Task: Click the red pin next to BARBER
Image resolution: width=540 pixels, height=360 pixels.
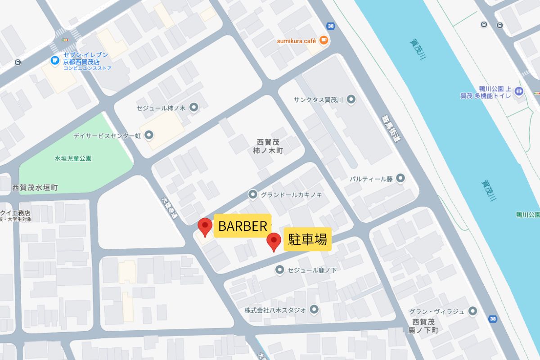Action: pos(205,226)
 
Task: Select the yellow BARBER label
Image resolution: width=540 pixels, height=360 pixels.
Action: pos(243,226)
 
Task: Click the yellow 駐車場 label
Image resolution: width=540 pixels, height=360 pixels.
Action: pos(308,239)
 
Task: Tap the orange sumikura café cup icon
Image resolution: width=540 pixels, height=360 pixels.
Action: pos(324,40)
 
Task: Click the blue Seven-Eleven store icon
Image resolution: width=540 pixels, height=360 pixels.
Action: pos(54,59)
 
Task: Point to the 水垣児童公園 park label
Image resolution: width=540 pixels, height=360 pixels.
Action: pos(73,158)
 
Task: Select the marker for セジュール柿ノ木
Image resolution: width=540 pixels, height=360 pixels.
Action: pos(194,107)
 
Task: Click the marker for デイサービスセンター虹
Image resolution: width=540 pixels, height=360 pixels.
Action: pos(149,135)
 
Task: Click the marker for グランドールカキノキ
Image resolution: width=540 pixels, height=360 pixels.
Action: pos(252,194)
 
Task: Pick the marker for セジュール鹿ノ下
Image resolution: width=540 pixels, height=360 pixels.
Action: pos(280,270)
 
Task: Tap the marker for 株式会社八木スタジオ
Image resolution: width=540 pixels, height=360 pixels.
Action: pos(314,309)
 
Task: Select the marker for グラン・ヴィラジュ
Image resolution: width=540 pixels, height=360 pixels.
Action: pos(472,311)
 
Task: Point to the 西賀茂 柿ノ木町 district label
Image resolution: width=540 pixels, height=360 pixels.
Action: pos(268,146)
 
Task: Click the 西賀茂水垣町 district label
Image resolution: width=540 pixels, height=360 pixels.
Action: pos(35,187)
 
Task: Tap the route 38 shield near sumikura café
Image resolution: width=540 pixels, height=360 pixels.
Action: pos(331,26)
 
